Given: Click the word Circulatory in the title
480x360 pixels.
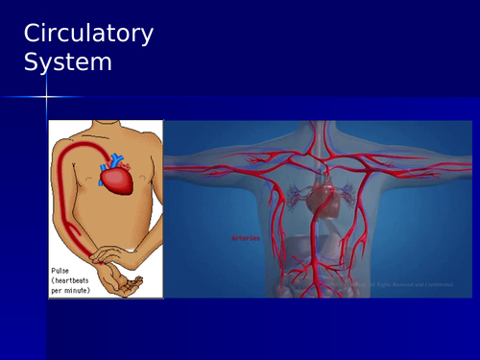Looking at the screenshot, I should click(87, 34).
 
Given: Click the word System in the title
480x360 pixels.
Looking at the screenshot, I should click(67, 62).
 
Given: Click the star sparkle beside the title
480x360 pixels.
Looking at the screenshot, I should click(46, 96).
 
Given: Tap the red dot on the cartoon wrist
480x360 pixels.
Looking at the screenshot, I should click(99, 259).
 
